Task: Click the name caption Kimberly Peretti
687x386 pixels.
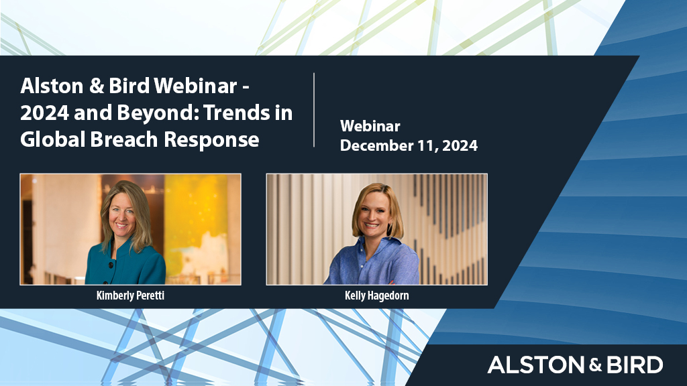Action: [x=130, y=295]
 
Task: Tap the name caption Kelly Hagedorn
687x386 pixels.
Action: [x=376, y=295]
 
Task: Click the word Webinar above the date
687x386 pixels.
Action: [x=370, y=126]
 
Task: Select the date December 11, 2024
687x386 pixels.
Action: [x=409, y=145]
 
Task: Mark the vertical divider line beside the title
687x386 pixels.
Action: [x=314, y=110]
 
